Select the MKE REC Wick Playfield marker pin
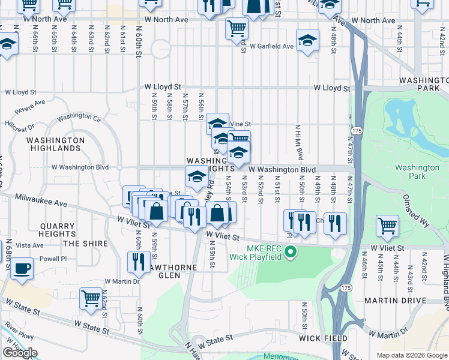pos(291,251)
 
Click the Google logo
pos(20,352)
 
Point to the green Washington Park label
pos(417,172)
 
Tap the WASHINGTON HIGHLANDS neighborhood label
pos(55,144)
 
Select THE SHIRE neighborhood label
pos(86,244)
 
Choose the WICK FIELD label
pos(324,338)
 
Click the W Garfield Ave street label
pos(272,46)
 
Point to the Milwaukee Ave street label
pos(41,200)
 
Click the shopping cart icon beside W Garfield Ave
pos(237,28)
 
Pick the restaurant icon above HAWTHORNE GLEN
pos(139,261)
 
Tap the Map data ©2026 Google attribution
pos(411,355)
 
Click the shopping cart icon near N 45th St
pos(387,226)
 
